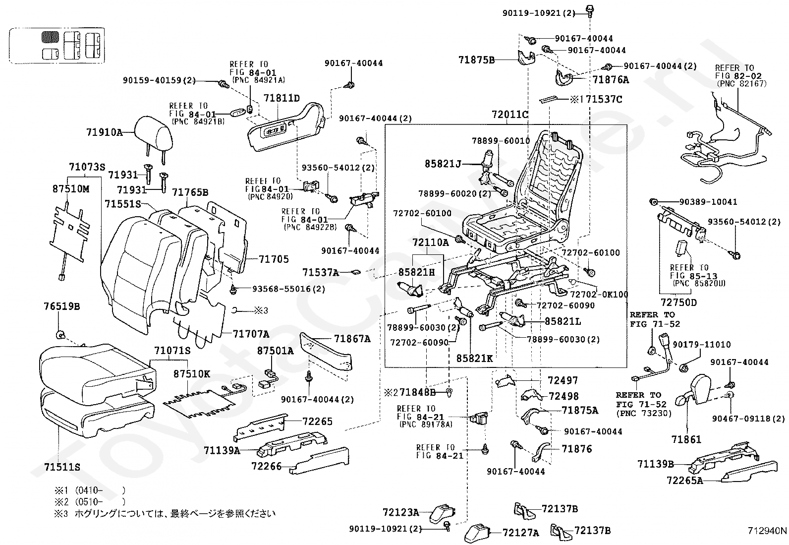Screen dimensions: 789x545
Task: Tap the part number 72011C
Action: (x=509, y=114)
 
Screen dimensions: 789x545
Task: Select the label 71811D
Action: (x=282, y=98)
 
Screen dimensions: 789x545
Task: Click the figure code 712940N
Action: (x=767, y=531)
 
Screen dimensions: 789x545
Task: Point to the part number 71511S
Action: (x=62, y=467)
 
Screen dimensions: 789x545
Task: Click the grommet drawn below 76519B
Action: (x=60, y=333)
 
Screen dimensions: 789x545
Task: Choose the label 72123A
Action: (x=401, y=512)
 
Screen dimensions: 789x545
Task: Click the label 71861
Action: (x=686, y=439)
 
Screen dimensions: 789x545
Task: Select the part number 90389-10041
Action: (x=708, y=202)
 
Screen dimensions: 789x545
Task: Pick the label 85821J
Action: (x=443, y=164)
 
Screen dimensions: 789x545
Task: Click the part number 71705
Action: (x=274, y=259)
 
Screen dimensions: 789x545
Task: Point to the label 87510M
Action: (x=71, y=188)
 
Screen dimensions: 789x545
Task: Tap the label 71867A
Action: (x=352, y=339)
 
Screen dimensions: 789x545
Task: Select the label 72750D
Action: (x=679, y=303)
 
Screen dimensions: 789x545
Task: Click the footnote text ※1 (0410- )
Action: (x=90, y=490)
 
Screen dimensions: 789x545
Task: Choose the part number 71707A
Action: (x=251, y=333)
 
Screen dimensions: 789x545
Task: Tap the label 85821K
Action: (x=474, y=358)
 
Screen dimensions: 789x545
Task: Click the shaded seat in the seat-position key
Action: (x=50, y=37)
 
